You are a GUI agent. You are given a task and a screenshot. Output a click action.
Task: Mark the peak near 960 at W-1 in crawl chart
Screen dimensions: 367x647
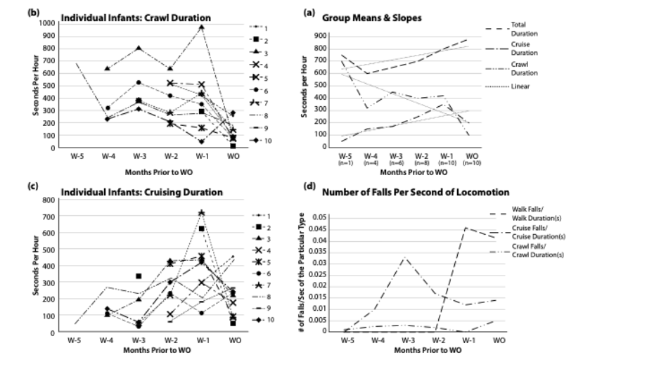[x=201, y=27]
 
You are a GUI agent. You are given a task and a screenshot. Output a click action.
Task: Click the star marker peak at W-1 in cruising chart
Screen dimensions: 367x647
[x=201, y=212]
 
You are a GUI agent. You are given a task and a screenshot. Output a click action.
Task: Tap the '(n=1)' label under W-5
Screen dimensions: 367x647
[x=345, y=161]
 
